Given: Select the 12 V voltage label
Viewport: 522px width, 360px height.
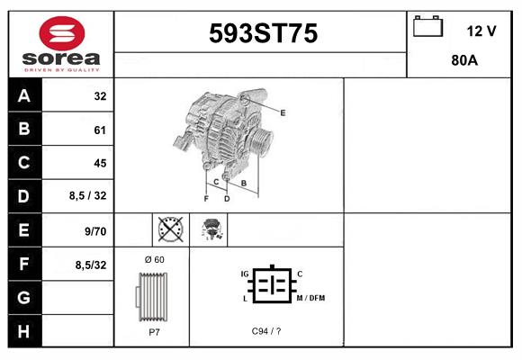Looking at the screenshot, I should point(481,31).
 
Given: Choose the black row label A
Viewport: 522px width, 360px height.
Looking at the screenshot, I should point(24,96).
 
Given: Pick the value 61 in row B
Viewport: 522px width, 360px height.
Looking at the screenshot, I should point(100,130).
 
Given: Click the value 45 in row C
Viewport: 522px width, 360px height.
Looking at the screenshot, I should point(100,163).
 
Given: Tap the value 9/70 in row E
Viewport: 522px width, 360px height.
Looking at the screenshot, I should point(95,230).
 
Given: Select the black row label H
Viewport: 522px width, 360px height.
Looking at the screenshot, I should point(24,331).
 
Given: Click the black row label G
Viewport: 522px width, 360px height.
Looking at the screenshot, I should point(24,297).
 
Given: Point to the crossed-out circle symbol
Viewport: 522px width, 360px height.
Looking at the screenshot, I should point(169,230).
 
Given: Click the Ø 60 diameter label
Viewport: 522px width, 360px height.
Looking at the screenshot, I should point(155,260).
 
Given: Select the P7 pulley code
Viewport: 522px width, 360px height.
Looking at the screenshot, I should point(154,331).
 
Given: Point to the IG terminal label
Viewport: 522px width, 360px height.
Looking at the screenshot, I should point(244,273).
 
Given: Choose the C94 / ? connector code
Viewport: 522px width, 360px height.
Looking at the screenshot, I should point(266,331).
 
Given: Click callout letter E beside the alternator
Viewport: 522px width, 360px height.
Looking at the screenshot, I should point(283,112).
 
